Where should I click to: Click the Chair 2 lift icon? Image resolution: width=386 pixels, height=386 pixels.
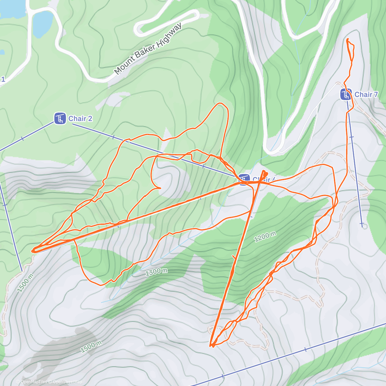[x=60, y=118]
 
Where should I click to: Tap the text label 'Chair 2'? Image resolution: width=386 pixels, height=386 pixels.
[x=80, y=119]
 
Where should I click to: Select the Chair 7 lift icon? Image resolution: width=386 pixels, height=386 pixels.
[x=346, y=95]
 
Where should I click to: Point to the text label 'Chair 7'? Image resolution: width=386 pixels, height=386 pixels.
[x=366, y=95]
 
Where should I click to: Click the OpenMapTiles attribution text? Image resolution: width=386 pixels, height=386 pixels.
[x=32, y=382]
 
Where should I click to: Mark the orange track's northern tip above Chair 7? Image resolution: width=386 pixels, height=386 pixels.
[x=348, y=39]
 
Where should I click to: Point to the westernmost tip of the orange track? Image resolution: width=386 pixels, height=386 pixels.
[x=32, y=250]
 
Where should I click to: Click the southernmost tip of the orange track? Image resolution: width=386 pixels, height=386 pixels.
[x=211, y=346]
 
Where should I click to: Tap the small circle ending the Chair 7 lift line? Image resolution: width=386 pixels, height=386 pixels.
[x=364, y=226]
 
